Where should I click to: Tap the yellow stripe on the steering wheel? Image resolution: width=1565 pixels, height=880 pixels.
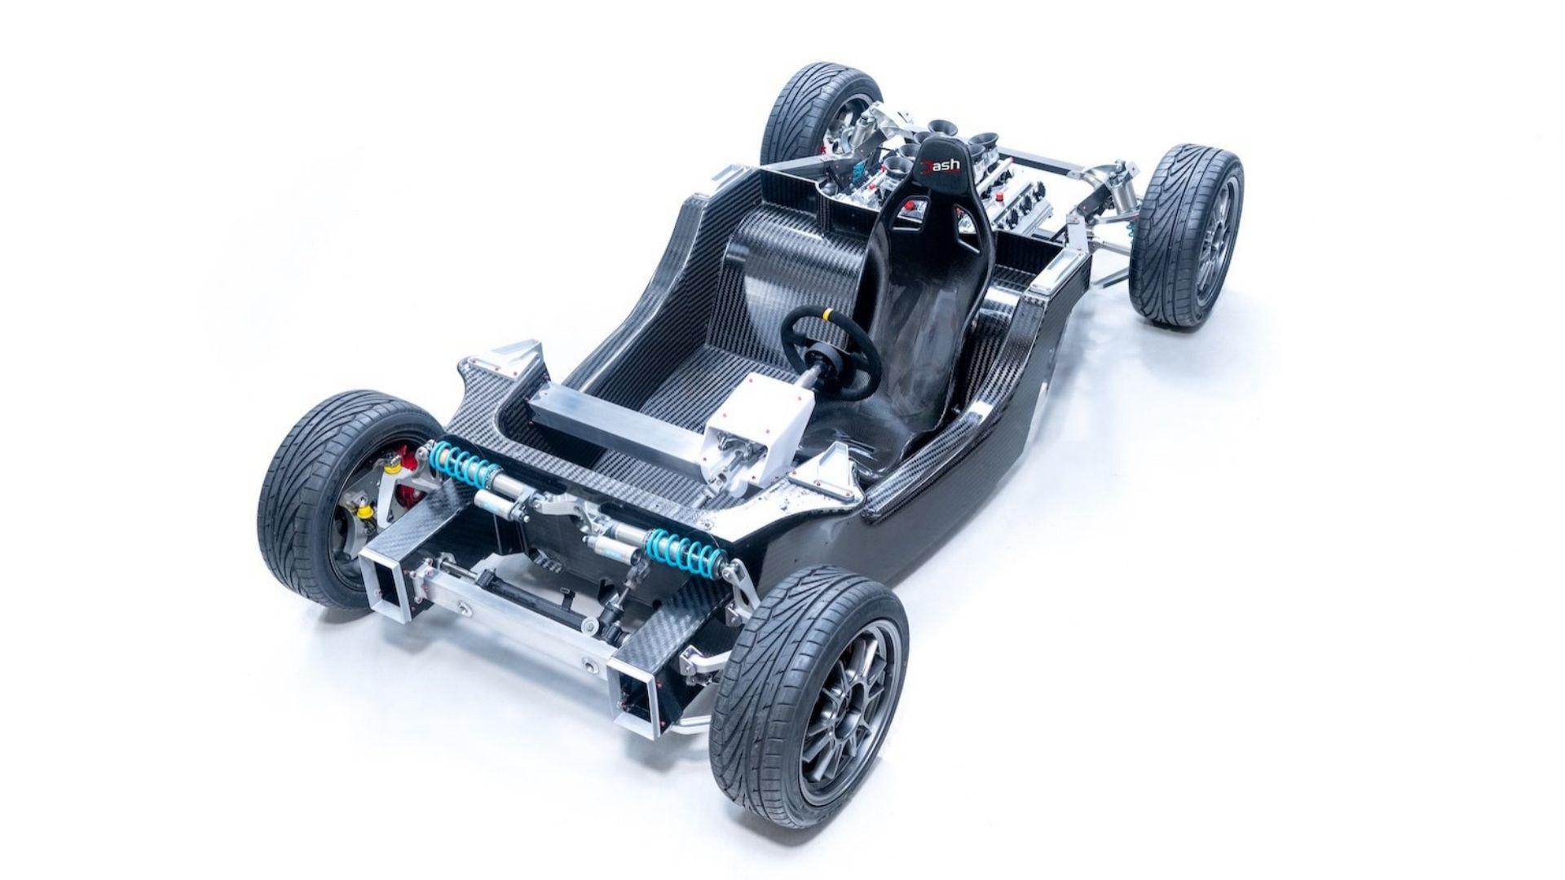tap(828, 314)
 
